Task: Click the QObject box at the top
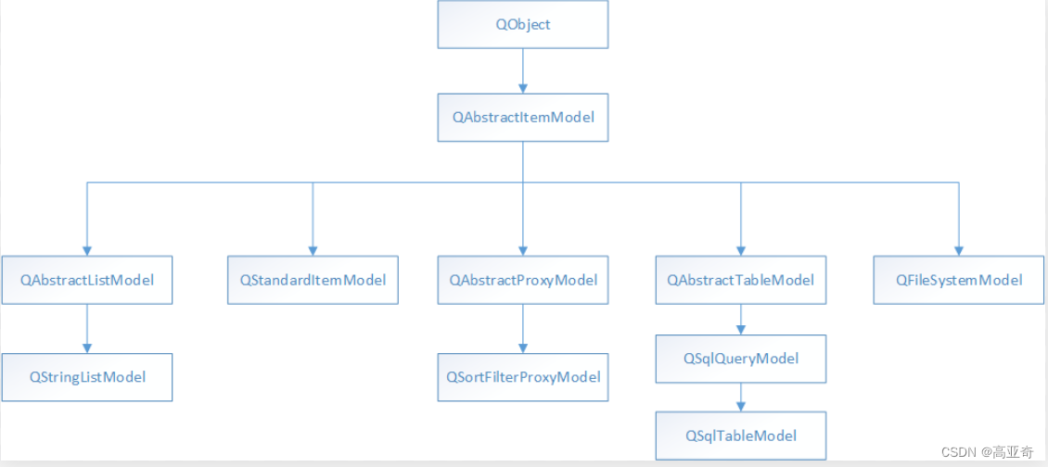tap(523, 24)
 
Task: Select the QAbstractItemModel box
tap(523, 118)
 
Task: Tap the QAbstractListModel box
tap(87, 280)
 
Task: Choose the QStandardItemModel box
tap(313, 280)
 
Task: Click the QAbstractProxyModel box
tap(523, 280)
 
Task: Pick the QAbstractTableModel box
tap(740, 280)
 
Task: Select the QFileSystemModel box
tap(959, 280)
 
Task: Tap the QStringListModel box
tap(87, 377)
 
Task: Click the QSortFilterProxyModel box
tap(523, 377)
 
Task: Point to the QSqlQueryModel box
tap(740, 359)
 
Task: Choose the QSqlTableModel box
tap(740, 435)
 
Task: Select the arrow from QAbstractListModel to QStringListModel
tap(87, 328)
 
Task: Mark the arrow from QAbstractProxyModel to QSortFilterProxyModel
tap(523, 328)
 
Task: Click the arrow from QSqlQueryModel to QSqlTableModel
tap(740, 398)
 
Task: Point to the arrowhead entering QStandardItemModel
tap(313, 250)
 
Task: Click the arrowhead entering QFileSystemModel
tap(959, 250)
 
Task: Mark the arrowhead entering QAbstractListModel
tap(87, 250)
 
